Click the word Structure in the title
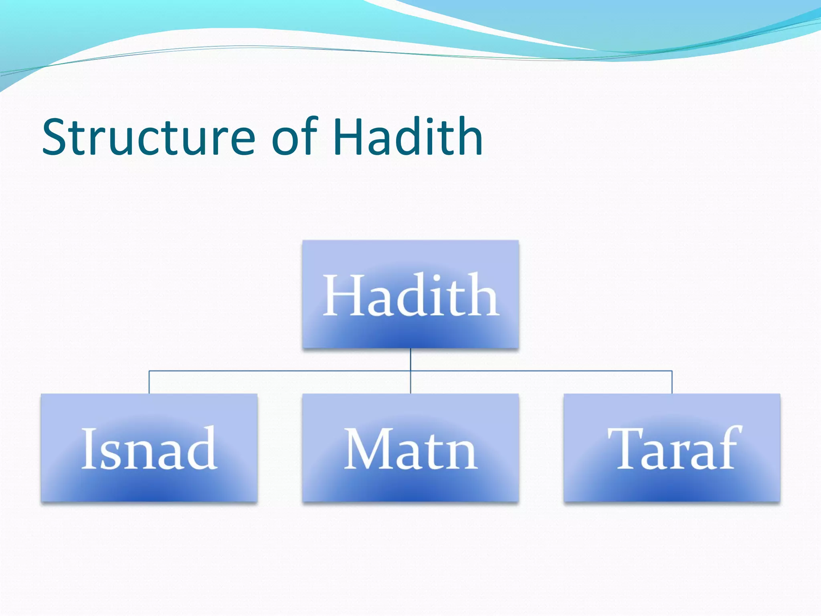(x=148, y=137)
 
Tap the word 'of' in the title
(x=295, y=137)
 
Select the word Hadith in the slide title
(x=408, y=137)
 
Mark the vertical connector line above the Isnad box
(x=149, y=382)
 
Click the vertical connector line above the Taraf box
(x=672, y=382)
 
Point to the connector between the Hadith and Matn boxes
(x=410, y=381)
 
